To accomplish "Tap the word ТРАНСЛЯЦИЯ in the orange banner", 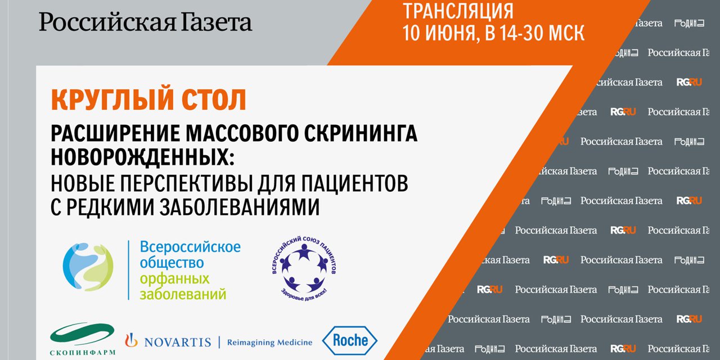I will pos(458,10).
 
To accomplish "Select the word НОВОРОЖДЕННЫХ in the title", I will pos(141,156).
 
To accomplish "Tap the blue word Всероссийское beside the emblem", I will pos(190,246).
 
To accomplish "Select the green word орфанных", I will pos(174,278).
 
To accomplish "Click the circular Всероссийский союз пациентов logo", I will pos(304,268).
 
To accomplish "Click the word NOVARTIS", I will pos(177,342).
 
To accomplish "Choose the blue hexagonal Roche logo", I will pos(349,340).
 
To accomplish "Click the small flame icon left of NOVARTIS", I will pos(131,340).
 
